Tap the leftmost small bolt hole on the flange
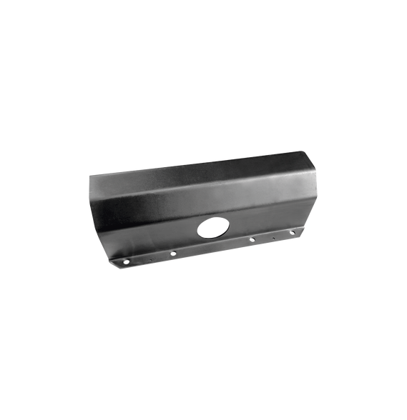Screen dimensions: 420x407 point(127,262)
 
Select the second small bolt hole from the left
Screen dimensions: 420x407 point(173,252)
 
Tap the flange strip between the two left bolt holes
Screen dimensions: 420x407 point(150,258)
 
